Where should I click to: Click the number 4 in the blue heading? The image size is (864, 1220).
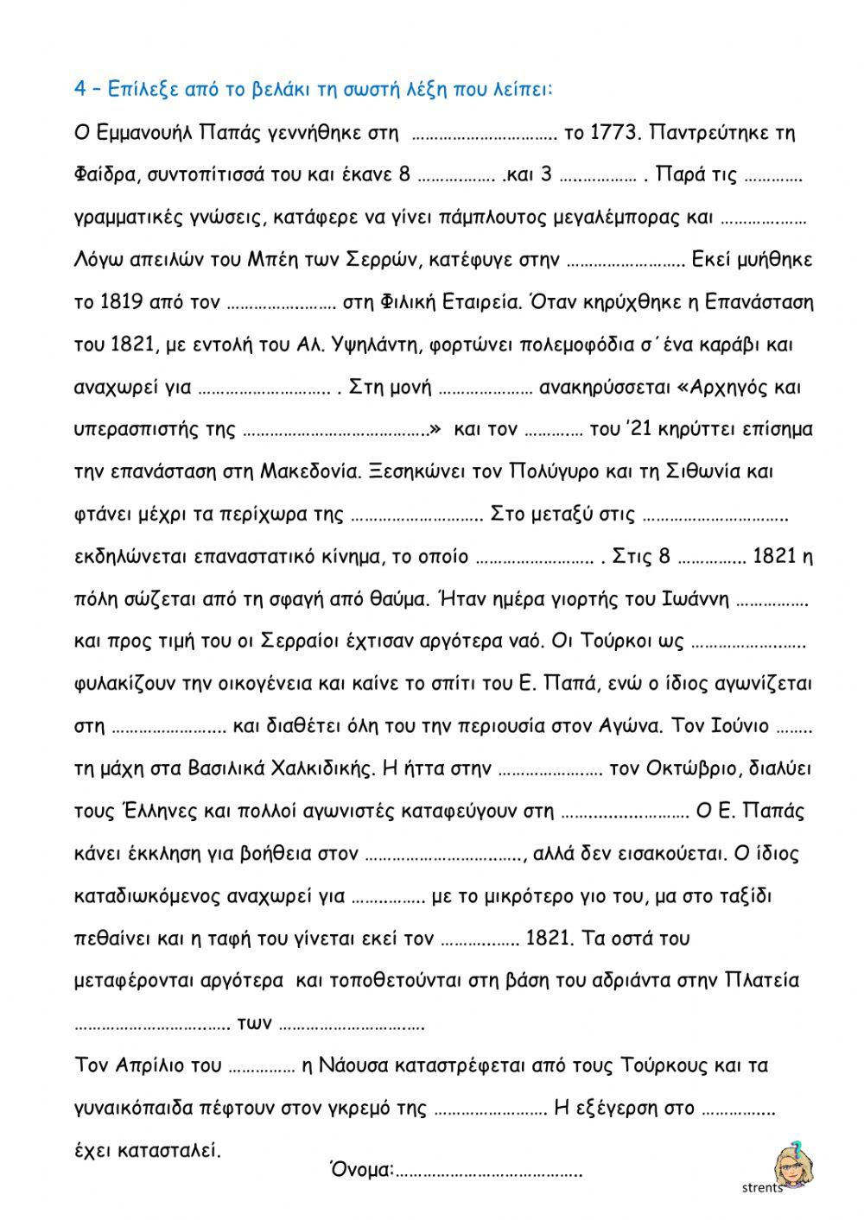pos(79,90)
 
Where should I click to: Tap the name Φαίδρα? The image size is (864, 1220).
pos(102,175)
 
